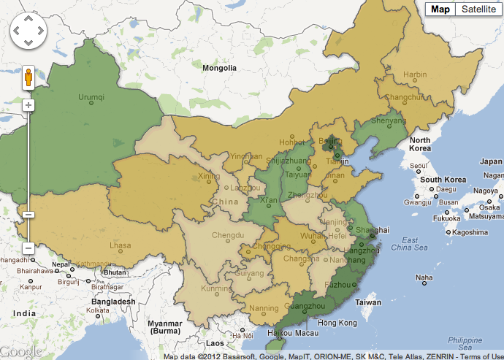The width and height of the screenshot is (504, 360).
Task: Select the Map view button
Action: [440, 9]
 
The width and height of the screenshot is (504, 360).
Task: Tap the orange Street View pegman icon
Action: [28, 77]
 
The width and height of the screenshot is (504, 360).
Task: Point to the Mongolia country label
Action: [220, 68]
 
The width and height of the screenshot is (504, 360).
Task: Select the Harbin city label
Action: [415, 74]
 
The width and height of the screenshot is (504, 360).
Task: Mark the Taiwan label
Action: [368, 302]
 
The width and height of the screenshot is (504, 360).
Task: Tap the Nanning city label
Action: [264, 308]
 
